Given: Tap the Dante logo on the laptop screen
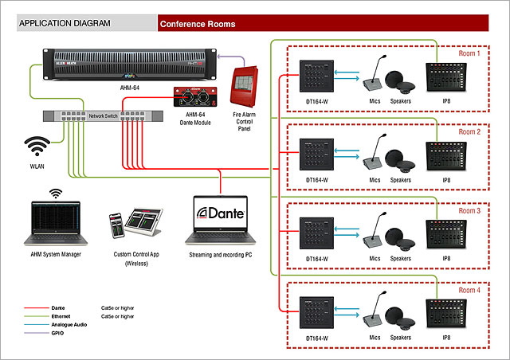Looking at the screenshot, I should coord(222,213).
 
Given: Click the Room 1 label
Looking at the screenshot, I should coord(469,54).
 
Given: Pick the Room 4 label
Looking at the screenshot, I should coord(469,290).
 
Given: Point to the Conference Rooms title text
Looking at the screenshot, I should coord(198,24).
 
